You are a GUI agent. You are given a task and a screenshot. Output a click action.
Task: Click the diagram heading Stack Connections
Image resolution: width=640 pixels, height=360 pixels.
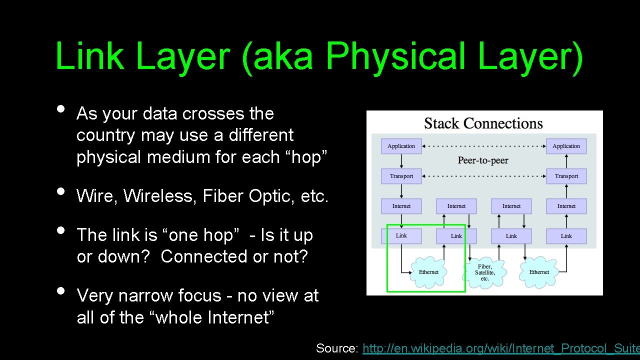pos(483,123)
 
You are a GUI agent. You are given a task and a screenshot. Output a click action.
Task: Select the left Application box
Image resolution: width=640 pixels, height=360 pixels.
pos(401,146)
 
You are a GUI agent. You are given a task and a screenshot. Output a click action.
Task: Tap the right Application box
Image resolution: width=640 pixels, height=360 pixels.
pos(566,146)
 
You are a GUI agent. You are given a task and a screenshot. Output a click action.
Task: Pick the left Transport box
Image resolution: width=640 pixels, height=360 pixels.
pos(401,176)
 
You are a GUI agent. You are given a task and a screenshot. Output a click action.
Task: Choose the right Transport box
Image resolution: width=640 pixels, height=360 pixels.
pos(566,176)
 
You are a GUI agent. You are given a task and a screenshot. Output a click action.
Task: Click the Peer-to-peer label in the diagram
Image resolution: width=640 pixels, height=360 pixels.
pos(483,160)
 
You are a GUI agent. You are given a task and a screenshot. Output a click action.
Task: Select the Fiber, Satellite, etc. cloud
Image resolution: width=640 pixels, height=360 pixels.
pos(484,272)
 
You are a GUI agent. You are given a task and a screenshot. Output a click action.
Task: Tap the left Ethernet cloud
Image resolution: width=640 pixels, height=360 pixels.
pos(428,272)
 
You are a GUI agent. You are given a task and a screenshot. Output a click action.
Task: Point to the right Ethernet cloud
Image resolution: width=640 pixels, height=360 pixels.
pos(539,272)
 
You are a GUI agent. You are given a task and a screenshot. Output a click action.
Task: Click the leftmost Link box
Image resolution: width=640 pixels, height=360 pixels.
pos(401,235)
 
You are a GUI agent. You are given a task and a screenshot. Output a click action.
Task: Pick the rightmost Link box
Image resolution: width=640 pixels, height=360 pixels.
pos(566,236)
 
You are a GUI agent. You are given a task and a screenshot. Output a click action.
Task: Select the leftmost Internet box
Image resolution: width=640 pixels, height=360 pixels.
pos(401,206)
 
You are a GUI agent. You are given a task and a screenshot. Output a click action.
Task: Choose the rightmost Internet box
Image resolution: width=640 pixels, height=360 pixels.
pos(566,206)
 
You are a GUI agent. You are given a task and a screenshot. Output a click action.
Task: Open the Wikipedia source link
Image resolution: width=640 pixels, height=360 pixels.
pos(500,348)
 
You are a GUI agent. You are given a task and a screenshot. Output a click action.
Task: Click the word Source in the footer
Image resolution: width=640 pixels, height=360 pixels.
pos(336,348)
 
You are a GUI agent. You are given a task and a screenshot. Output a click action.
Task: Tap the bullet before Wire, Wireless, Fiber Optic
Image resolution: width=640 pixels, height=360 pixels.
pos(61,191)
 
